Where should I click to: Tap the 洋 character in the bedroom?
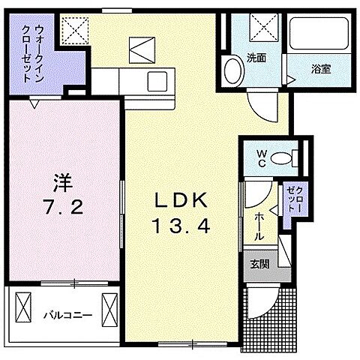[x=61, y=183]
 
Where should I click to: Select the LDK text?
[x=180, y=201]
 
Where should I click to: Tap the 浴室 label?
[x=322, y=69]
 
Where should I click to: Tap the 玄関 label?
[x=259, y=263]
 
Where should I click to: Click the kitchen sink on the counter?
[x=158, y=79]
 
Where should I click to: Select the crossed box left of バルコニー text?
[x=23, y=308]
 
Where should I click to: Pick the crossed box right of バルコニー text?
[x=110, y=308]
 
